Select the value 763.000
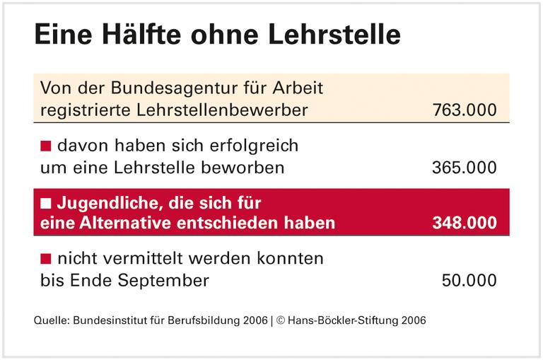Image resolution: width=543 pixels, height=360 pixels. [x=464, y=110]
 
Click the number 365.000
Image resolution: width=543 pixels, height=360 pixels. [x=464, y=168]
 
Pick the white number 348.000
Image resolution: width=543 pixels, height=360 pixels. [x=464, y=223]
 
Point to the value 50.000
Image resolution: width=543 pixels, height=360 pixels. [x=469, y=280]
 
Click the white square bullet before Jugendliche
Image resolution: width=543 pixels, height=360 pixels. [x=46, y=204]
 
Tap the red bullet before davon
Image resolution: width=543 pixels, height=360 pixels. [x=46, y=146]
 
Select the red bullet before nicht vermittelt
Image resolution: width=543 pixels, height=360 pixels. [x=46, y=259]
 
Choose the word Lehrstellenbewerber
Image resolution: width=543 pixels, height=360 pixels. [x=220, y=110]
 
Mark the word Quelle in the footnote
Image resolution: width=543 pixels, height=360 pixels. [x=49, y=320]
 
